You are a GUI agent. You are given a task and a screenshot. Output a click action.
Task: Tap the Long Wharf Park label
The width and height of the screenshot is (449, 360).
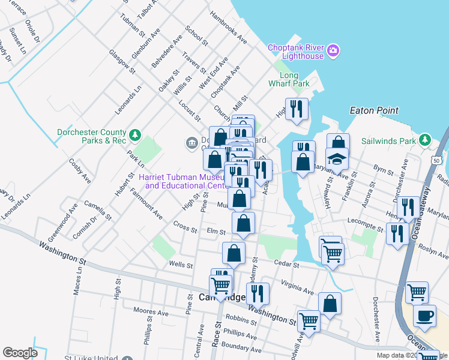tap(289, 79)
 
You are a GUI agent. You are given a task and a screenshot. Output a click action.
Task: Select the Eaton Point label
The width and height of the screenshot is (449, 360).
tap(375, 110)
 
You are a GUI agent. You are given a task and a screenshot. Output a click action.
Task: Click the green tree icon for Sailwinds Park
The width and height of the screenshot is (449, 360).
tap(426, 140)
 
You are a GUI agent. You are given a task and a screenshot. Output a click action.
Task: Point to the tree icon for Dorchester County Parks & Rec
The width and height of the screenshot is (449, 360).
tap(136, 133)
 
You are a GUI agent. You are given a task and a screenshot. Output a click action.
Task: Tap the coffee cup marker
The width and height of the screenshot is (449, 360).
tap(424, 315)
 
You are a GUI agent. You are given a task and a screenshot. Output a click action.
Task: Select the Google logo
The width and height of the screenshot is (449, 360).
tap(20, 353)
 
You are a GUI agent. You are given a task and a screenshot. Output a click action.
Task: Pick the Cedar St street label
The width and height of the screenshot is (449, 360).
tap(288, 264)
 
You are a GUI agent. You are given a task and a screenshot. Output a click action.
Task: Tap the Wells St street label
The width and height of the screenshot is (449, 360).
tap(180, 265)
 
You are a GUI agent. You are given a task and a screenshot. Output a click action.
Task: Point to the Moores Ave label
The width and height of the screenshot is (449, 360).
tap(150, 312)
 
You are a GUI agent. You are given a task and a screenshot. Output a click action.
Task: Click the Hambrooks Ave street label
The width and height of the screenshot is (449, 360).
tap(228, 28)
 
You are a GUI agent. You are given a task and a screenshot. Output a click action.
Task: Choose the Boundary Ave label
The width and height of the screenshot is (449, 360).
tap(241, 347)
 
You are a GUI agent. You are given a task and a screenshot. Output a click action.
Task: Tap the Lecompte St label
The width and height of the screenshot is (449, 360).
tap(364, 228)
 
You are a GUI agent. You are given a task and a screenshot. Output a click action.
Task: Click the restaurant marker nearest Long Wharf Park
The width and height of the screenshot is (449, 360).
tap(297, 109)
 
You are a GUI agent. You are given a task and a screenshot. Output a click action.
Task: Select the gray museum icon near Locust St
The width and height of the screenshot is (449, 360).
tap(191, 143)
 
